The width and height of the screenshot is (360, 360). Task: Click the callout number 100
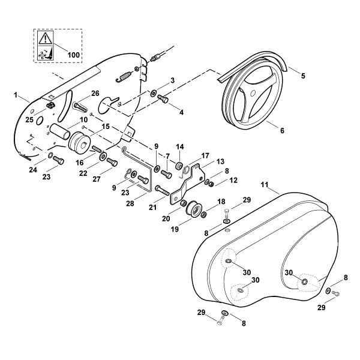click(x=74, y=55)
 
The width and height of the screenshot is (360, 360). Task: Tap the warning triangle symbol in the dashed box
click(x=45, y=38)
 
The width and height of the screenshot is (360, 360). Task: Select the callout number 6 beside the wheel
click(x=282, y=130)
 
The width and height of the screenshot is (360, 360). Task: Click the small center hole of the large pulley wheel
click(x=253, y=93)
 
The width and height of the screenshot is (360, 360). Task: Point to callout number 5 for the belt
click(x=303, y=76)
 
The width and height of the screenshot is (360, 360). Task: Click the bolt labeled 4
click(x=163, y=100)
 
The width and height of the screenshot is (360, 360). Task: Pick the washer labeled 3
click(x=152, y=94)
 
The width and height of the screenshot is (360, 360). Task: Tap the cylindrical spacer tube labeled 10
click(x=59, y=132)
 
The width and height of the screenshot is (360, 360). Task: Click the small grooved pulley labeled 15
click(x=79, y=143)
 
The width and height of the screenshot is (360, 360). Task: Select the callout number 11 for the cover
click(x=265, y=185)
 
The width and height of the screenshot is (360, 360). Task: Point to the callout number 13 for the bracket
click(x=220, y=161)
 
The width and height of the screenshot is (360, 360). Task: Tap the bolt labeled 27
click(x=112, y=163)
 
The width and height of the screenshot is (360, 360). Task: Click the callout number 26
click(x=95, y=93)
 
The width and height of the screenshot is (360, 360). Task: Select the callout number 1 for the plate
click(x=16, y=95)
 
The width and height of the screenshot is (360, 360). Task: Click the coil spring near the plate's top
click(x=124, y=77)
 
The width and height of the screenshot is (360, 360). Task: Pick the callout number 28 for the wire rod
click(x=130, y=203)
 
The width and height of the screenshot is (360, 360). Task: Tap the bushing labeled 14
click(x=179, y=166)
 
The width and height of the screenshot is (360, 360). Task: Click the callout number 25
click(x=29, y=119)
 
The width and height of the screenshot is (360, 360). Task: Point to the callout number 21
click(x=152, y=207)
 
